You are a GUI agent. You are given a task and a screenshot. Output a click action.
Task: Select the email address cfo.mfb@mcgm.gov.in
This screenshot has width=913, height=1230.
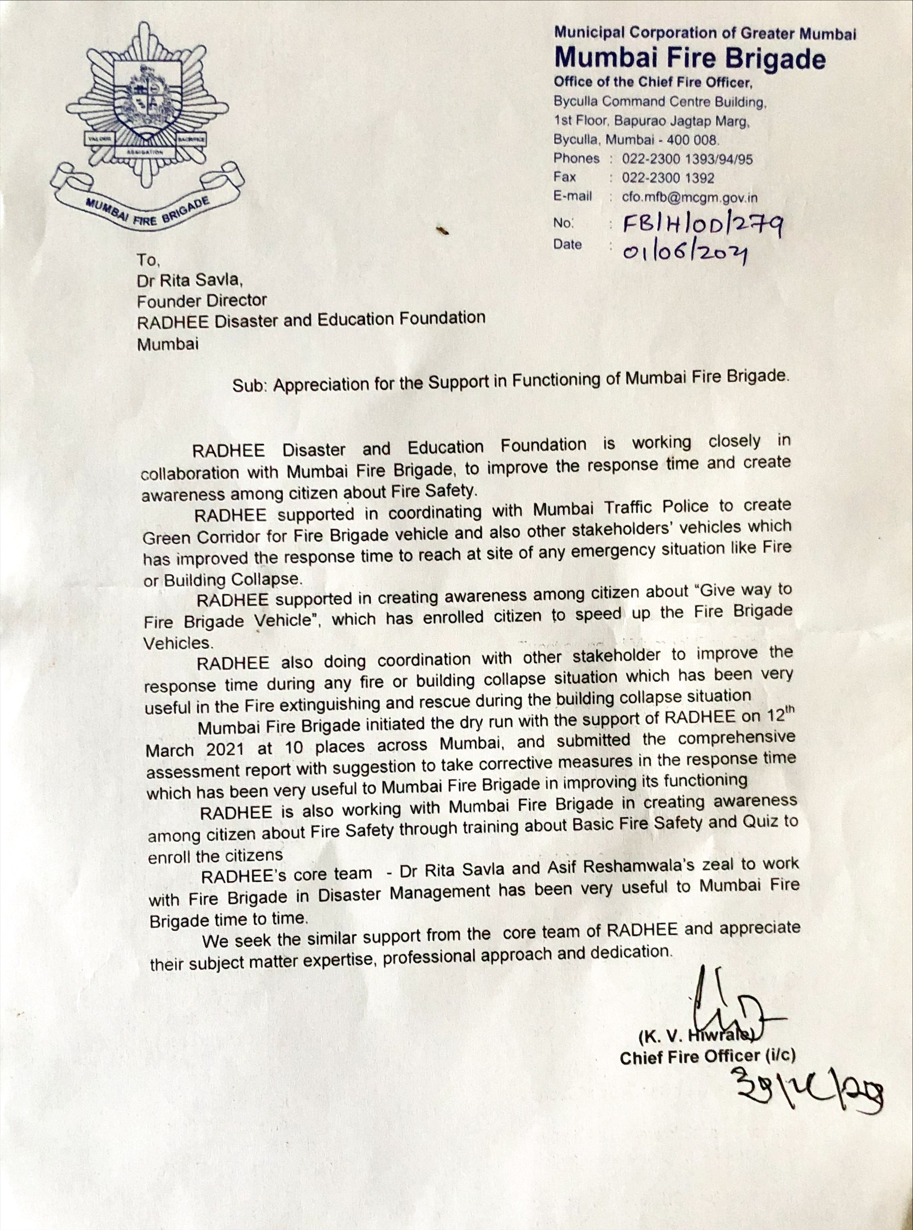(690, 197)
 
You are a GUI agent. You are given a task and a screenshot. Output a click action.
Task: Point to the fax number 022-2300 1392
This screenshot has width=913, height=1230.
(668, 178)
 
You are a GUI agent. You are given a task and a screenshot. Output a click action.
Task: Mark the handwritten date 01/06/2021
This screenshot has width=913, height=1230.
(685, 253)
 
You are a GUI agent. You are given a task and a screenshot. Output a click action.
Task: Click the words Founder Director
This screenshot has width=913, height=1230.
(202, 300)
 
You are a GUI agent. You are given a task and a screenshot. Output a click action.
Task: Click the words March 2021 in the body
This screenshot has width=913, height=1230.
(197, 750)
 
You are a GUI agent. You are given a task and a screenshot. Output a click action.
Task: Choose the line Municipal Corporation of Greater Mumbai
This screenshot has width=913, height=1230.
(705, 34)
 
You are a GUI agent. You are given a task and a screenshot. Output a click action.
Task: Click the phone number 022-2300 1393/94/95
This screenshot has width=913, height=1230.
(687, 159)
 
